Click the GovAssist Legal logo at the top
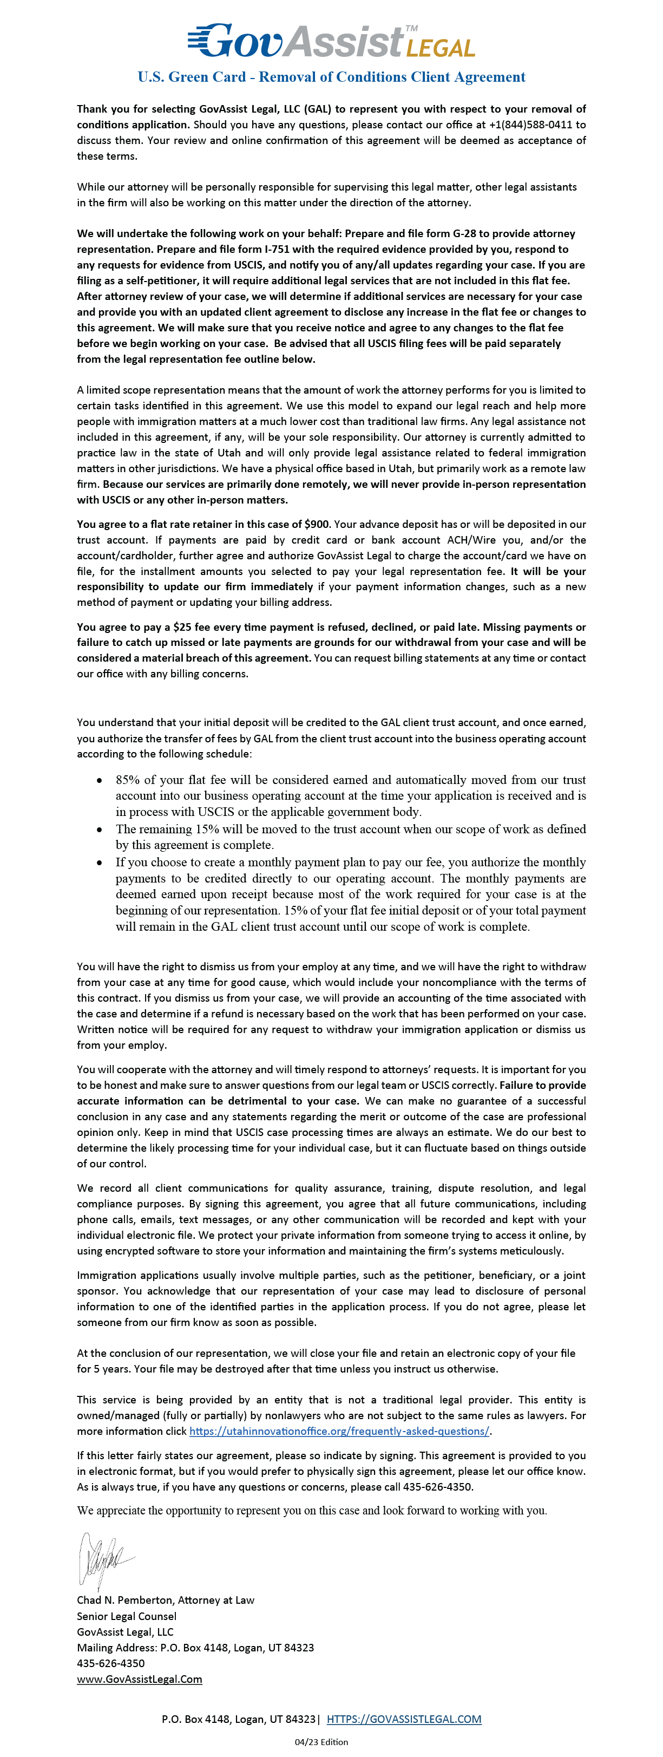click(331, 41)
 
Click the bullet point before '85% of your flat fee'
click(100, 780)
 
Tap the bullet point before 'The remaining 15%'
click(100, 829)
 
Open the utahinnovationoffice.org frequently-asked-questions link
click(339, 1431)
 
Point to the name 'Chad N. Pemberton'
click(121, 1600)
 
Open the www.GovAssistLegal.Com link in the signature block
click(139, 1679)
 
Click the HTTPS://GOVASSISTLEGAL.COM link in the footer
click(404, 1719)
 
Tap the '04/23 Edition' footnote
click(321, 1742)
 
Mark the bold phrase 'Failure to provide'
click(542, 1085)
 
